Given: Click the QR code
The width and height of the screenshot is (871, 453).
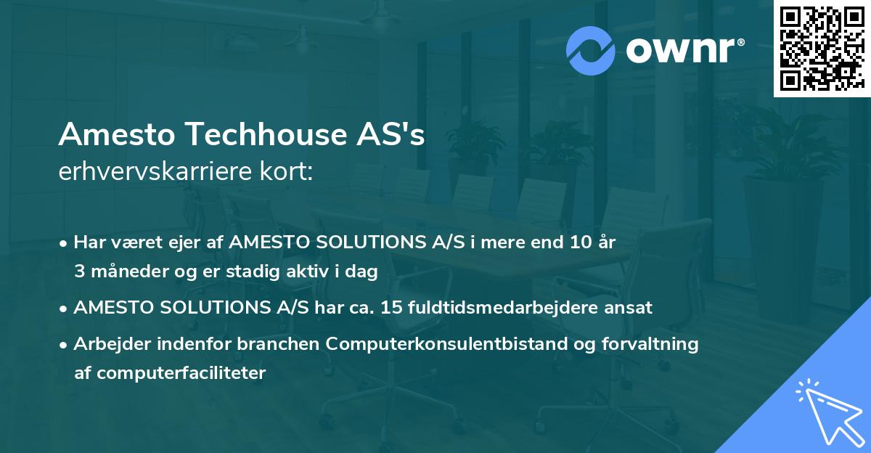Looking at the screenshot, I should (x=822, y=49).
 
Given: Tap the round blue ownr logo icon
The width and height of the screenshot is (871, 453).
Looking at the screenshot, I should (x=589, y=50).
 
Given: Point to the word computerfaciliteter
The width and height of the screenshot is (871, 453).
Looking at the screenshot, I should (x=170, y=373).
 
